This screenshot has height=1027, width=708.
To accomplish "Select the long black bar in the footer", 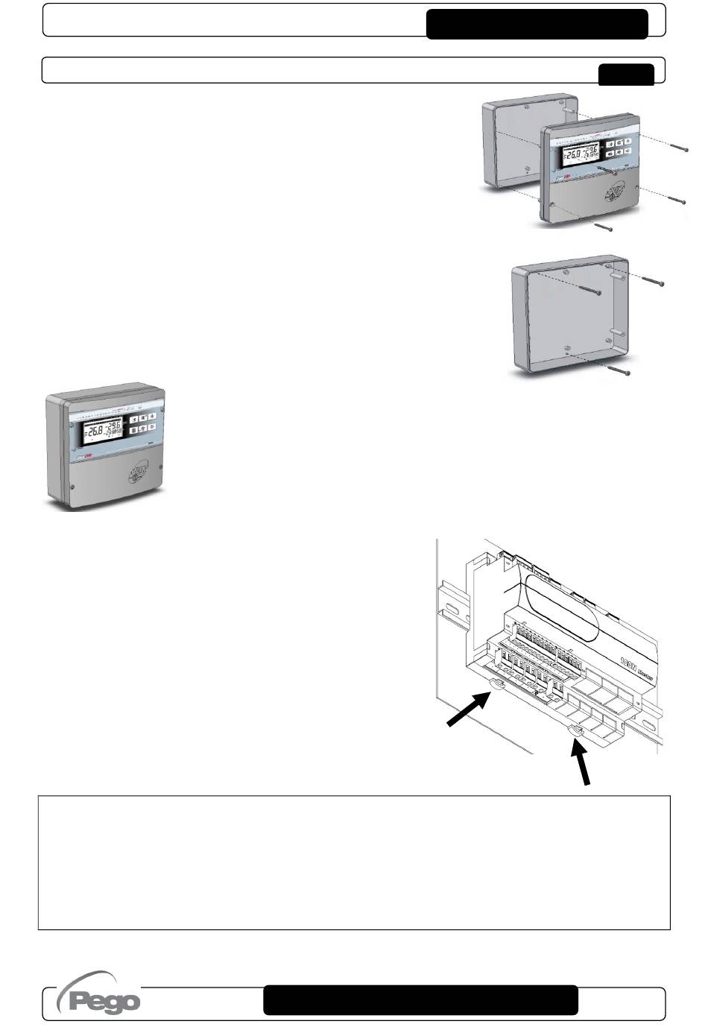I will pyautogui.click(x=420, y=1000).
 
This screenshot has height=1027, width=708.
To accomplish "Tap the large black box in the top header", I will pyautogui.click(x=537, y=24).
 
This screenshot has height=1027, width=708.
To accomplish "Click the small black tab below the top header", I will pyautogui.click(x=626, y=75).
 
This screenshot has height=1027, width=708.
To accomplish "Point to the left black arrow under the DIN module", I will pyautogui.click(x=467, y=707).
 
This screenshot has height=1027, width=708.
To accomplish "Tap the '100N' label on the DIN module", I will pyautogui.click(x=630, y=659).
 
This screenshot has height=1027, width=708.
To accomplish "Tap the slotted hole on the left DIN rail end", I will pyautogui.click(x=450, y=610).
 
